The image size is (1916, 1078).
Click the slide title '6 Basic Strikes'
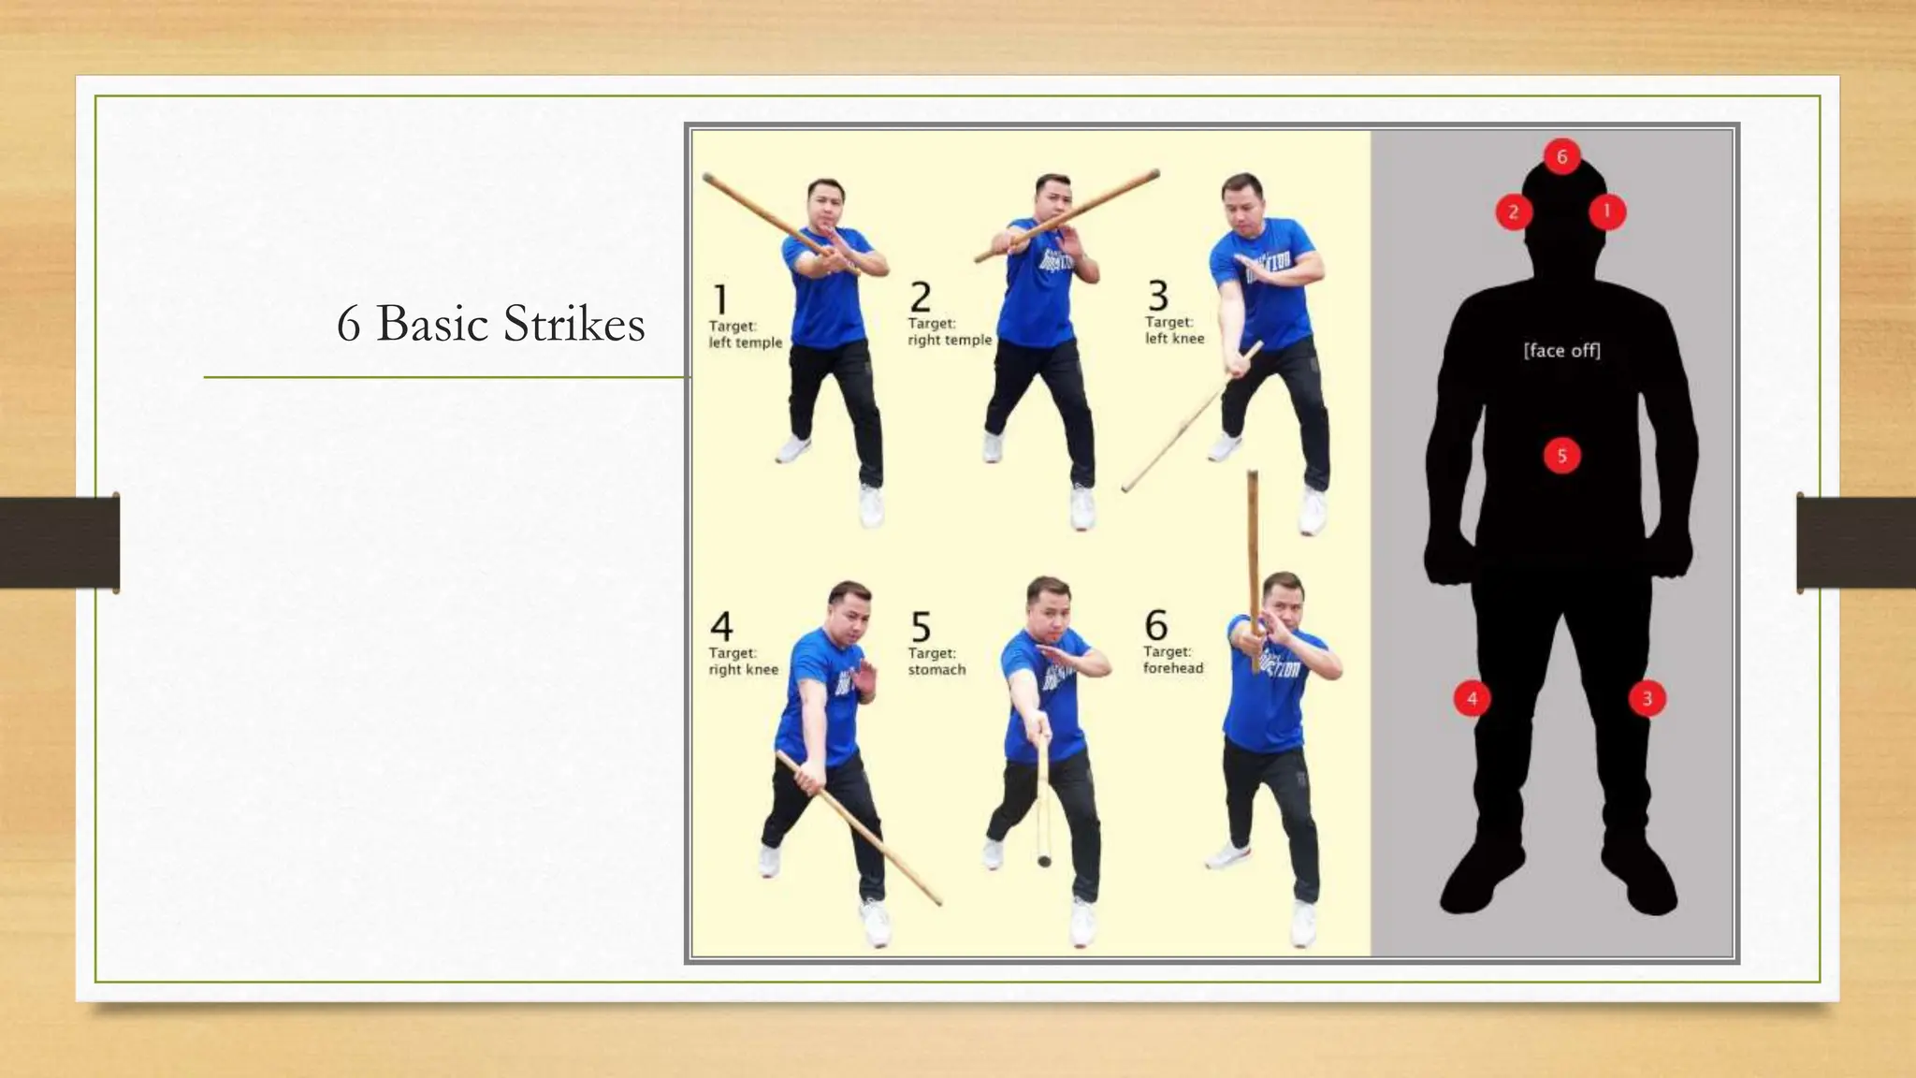pos(490,324)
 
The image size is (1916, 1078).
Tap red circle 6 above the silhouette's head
pos(1561,156)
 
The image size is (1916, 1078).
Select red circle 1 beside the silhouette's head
pos(1607,211)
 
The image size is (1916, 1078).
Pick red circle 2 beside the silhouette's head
pos(1513,212)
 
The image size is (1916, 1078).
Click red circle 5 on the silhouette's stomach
pos(1561,457)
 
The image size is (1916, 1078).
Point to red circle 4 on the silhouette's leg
pos(1472,698)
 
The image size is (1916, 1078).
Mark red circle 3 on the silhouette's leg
pos(1647,698)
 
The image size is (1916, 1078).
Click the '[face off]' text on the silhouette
pos(1561,351)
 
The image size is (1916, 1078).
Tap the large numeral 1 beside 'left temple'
pos(720,299)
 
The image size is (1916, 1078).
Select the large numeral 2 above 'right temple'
pos(921,298)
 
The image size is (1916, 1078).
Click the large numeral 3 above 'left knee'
pos(1158,296)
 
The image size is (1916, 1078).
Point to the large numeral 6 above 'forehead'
pos(1156,624)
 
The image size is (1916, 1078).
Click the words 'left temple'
pos(745,342)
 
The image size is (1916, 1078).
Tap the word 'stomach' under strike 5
pos(936,670)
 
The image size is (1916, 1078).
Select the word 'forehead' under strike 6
pos(1173,668)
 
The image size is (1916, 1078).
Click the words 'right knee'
pos(743,670)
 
